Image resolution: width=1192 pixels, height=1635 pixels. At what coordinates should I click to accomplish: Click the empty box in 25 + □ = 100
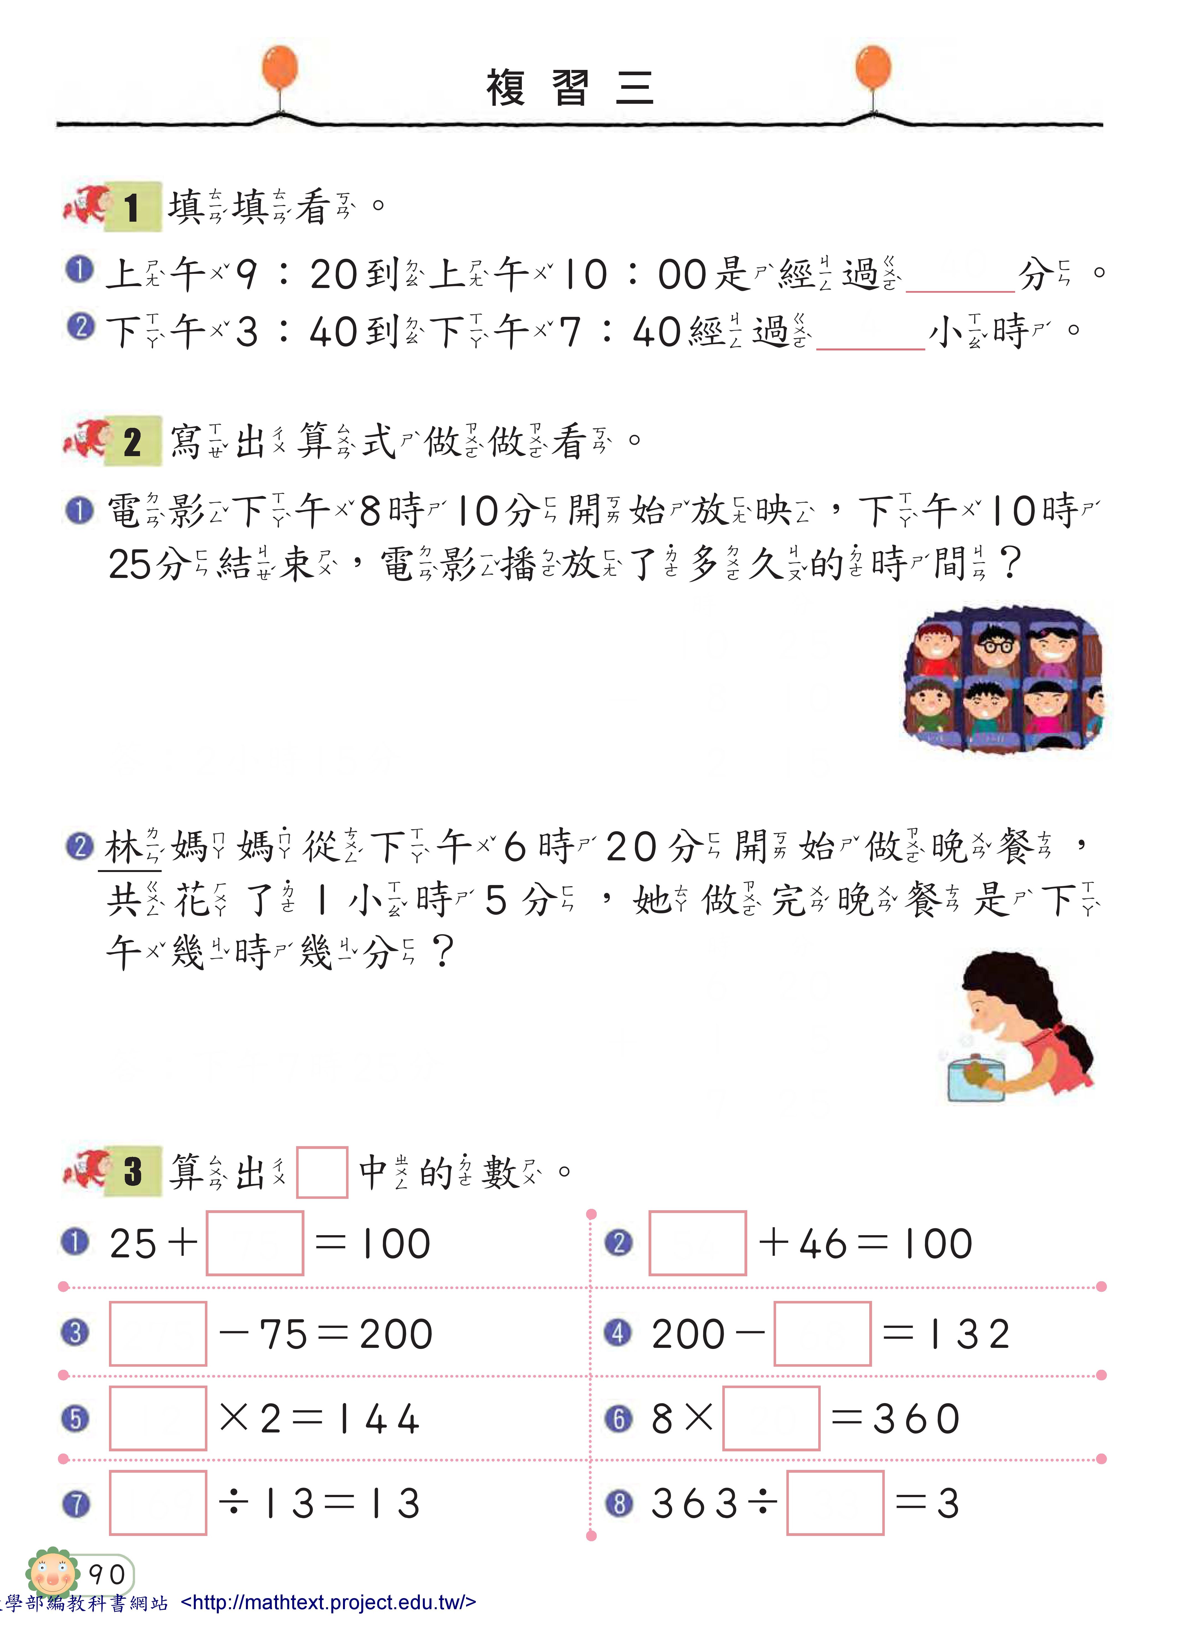tap(255, 1243)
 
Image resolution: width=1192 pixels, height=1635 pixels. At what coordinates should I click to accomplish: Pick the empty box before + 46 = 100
tap(698, 1243)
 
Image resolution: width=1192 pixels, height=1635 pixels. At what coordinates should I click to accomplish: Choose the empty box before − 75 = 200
tap(158, 1333)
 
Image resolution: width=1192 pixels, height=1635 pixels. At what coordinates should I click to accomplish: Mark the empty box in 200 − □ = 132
tap(823, 1333)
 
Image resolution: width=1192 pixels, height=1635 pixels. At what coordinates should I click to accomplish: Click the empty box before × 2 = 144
tap(158, 1418)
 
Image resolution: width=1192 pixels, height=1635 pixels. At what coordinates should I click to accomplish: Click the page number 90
tap(107, 1574)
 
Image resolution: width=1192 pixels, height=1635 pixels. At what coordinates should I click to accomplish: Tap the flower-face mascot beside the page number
tap(52, 1572)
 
